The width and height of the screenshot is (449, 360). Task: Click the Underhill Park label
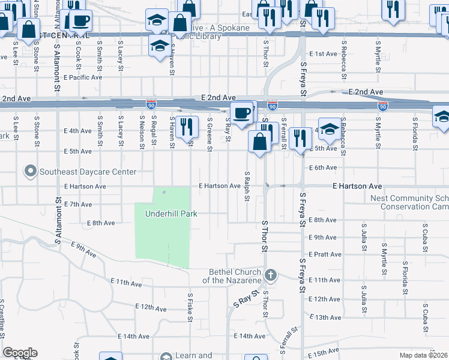tap(170, 214)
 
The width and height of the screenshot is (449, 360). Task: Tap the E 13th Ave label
tap(327, 317)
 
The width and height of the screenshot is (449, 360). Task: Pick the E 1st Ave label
tap(324, 54)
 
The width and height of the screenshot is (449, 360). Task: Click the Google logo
tap(20, 353)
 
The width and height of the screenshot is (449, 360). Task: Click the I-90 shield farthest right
tap(382, 106)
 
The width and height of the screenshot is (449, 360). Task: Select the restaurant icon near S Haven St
tap(187, 127)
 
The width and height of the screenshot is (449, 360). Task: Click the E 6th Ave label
tap(324, 167)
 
